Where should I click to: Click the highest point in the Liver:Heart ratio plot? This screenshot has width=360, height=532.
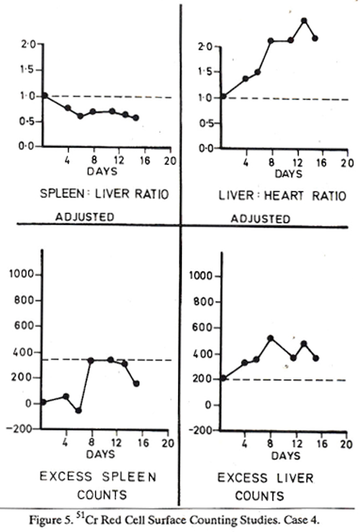click(304, 20)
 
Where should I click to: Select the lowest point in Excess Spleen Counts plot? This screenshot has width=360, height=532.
click(79, 411)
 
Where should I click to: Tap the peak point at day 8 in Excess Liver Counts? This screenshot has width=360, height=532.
click(271, 338)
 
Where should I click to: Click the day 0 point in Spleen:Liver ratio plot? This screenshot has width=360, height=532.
click(45, 96)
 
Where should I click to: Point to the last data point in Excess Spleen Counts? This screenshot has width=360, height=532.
click(136, 383)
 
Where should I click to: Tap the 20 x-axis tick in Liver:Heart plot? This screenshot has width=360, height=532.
click(346, 163)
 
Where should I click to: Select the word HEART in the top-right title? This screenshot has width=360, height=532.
click(285, 195)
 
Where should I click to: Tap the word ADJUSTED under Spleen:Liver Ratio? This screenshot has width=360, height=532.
click(84, 217)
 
